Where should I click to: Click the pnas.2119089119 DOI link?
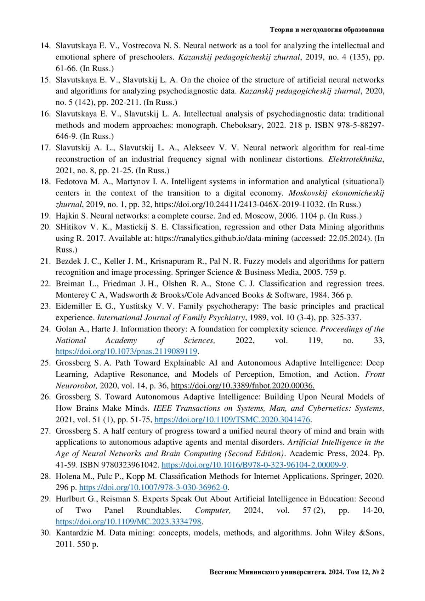pyautogui.click(x=126, y=352)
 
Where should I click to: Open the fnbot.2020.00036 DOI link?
pyautogui.click(x=243, y=386)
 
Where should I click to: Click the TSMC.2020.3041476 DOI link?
pyautogui.click(x=232, y=420)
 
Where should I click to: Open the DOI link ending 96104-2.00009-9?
pyautogui.click(x=254, y=465)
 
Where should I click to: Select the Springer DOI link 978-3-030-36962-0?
pyautogui.click(x=153, y=488)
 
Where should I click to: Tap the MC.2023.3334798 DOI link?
pyautogui.click(x=129, y=522)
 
